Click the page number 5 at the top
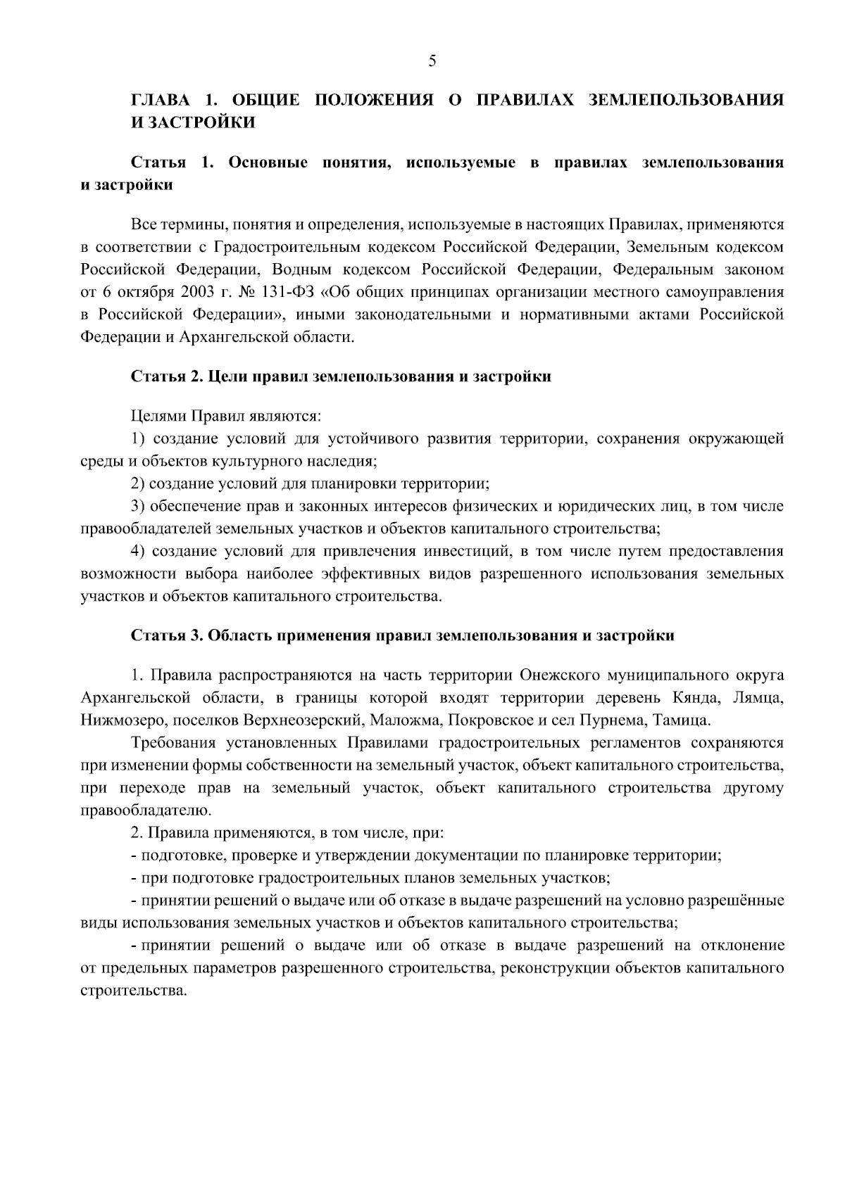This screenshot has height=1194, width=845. pos(432,62)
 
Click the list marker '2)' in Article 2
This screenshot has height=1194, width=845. pos(139,483)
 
